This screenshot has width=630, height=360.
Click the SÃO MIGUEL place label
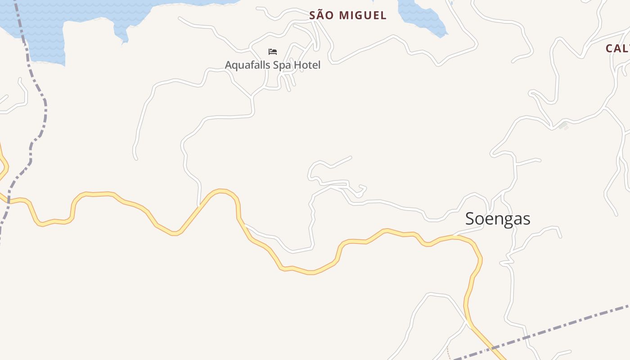[347, 15]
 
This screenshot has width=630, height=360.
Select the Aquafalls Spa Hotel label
[273, 65]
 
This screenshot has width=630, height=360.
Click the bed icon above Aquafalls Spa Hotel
[273, 52]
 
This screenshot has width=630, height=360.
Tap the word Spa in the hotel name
[283, 65]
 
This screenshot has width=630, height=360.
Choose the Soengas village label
[498, 219]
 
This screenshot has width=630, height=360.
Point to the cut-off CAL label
[617, 49]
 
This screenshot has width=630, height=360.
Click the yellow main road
[310, 271]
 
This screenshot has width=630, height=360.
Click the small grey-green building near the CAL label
[562, 126]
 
